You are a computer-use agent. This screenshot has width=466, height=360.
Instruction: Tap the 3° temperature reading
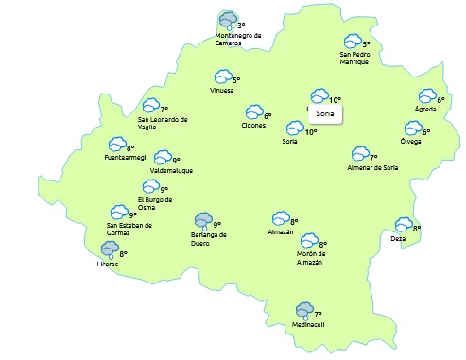[x=241, y=26]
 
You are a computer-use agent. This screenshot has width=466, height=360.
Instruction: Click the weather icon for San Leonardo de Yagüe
[x=150, y=106]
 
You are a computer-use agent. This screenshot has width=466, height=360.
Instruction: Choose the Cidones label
[x=253, y=126]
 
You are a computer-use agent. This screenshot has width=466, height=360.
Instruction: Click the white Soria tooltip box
[x=326, y=113]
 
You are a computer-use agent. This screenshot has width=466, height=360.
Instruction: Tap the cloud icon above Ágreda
[x=427, y=96]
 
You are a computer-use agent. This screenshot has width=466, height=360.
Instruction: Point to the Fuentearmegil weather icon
[x=117, y=145]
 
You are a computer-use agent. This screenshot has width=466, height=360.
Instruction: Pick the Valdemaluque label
[x=171, y=171]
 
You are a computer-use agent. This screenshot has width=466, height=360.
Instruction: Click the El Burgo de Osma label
[x=157, y=203]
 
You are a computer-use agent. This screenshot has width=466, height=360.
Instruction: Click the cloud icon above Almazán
[x=281, y=218]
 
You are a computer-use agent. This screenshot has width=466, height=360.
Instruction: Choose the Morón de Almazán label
[x=311, y=257]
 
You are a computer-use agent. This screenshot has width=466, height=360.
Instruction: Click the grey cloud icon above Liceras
[x=111, y=250]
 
